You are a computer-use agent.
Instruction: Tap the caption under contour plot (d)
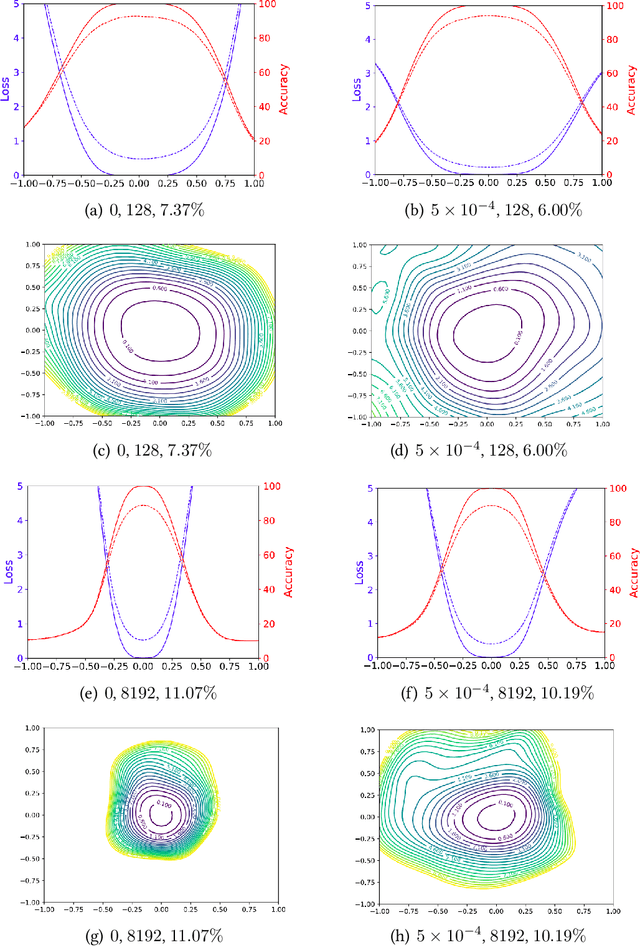487,450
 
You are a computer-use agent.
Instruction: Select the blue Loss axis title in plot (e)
7,573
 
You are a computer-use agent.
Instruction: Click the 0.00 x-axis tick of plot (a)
139,184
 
